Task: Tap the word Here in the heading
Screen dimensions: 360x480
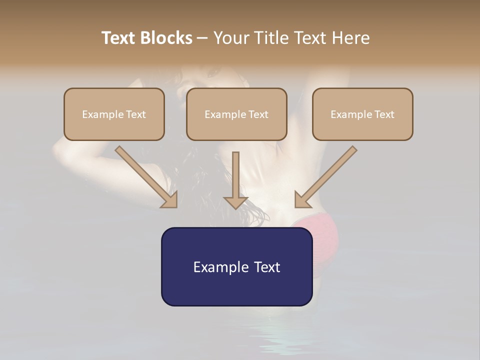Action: coord(350,38)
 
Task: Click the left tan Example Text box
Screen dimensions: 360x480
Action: coord(114,114)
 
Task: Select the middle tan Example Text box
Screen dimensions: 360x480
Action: coord(236,114)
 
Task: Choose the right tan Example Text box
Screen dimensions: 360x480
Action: coord(362,114)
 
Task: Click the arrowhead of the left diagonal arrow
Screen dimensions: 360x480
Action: coord(170,200)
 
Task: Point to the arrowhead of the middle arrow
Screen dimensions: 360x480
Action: coord(235,202)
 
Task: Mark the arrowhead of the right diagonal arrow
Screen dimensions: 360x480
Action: coord(302,200)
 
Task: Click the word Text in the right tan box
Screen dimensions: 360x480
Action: coord(384,114)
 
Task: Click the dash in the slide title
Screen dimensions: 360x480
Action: coord(203,38)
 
